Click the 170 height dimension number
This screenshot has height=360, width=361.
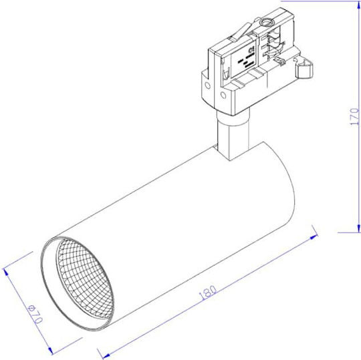[x=354, y=117]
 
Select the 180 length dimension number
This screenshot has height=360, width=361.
[x=207, y=293]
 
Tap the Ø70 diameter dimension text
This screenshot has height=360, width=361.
[x=35, y=314]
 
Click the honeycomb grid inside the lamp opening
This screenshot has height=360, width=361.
[x=85, y=279]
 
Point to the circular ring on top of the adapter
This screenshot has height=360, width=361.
[x=266, y=22]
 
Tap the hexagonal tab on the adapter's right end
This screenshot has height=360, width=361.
[x=304, y=68]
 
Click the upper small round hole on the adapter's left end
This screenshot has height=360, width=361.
[x=207, y=85]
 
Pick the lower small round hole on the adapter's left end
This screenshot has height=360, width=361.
[x=223, y=95]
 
